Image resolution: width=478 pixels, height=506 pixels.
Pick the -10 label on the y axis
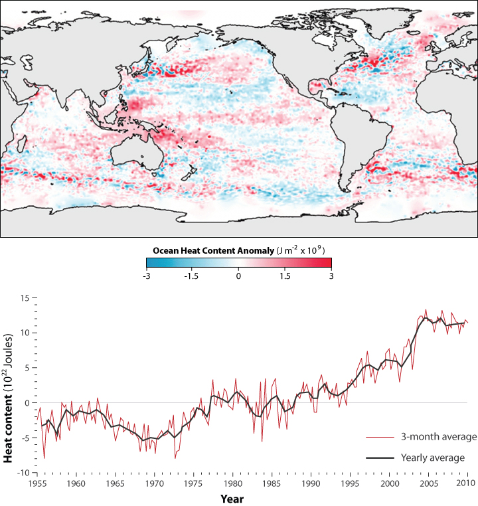[25, 473]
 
